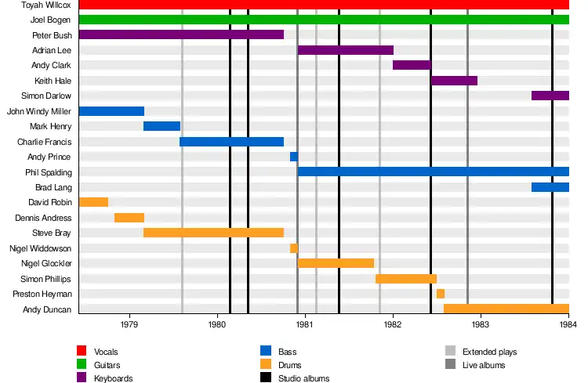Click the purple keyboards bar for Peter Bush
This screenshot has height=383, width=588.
[181, 34]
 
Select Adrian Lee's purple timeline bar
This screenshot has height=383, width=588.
[345, 50]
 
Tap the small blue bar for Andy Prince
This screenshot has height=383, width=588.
[294, 157]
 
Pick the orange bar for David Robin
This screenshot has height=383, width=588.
[93, 202]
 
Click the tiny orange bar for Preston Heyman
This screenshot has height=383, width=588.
[441, 294]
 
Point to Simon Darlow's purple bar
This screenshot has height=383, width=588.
[550, 96]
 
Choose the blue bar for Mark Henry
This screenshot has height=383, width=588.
[162, 126]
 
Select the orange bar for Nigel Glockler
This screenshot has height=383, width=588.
[336, 263]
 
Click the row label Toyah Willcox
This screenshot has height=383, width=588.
[48, 5]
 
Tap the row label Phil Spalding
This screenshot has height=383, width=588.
[49, 172]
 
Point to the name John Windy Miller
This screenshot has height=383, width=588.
[39, 111]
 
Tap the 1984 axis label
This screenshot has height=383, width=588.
[568, 323]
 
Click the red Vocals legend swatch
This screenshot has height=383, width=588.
[82, 352]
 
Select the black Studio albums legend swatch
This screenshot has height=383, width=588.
[266, 378]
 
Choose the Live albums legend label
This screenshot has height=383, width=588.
[484, 365]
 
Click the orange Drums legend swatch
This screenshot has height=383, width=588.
[266, 365]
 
